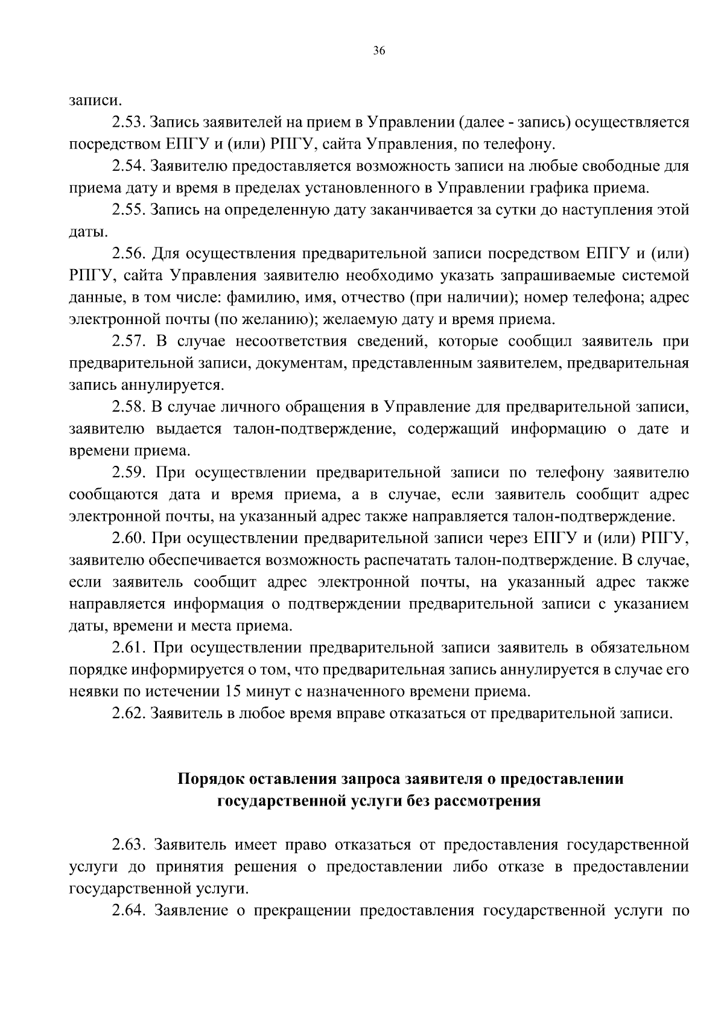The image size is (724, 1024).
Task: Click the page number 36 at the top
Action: (x=379, y=51)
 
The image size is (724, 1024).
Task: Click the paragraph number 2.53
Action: (x=128, y=123)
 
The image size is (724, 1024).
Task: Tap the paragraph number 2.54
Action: (x=128, y=167)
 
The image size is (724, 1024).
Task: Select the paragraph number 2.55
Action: (x=128, y=210)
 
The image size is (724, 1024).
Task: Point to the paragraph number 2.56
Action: (x=128, y=253)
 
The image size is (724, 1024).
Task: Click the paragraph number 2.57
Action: (x=128, y=341)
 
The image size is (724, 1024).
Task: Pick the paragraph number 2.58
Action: (x=128, y=407)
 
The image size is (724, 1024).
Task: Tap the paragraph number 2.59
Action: (x=128, y=472)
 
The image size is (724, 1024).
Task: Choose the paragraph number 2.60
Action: (x=128, y=538)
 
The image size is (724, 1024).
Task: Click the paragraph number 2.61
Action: (x=128, y=647)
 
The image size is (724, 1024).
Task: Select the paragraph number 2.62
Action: (x=128, y=713)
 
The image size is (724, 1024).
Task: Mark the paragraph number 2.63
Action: (x=128, y=844)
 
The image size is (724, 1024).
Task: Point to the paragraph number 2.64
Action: (x=128, y=909)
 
